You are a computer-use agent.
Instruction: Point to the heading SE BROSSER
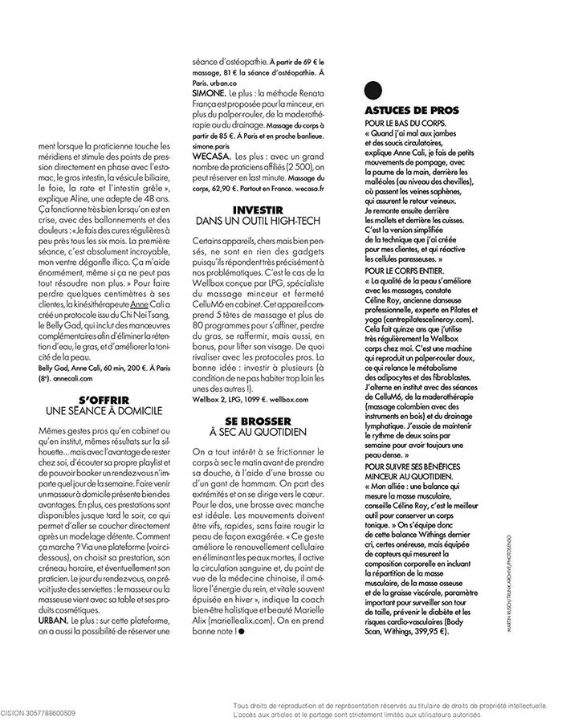[x=259, y=422]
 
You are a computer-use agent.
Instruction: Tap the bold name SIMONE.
[x=209, y=93]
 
